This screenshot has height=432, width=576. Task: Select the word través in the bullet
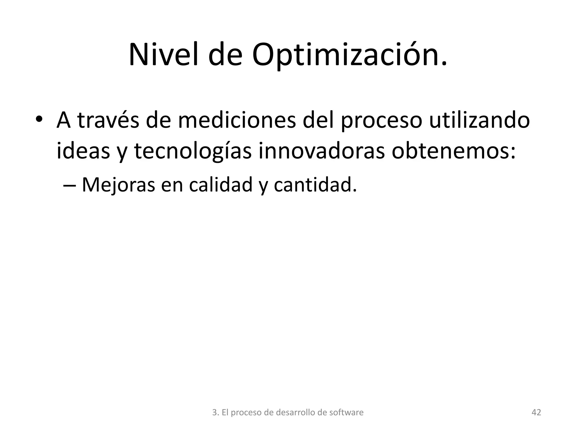click(108, 120)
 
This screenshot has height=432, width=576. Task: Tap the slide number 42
click(536, 413)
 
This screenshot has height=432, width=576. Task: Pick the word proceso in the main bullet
click(382, 120)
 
